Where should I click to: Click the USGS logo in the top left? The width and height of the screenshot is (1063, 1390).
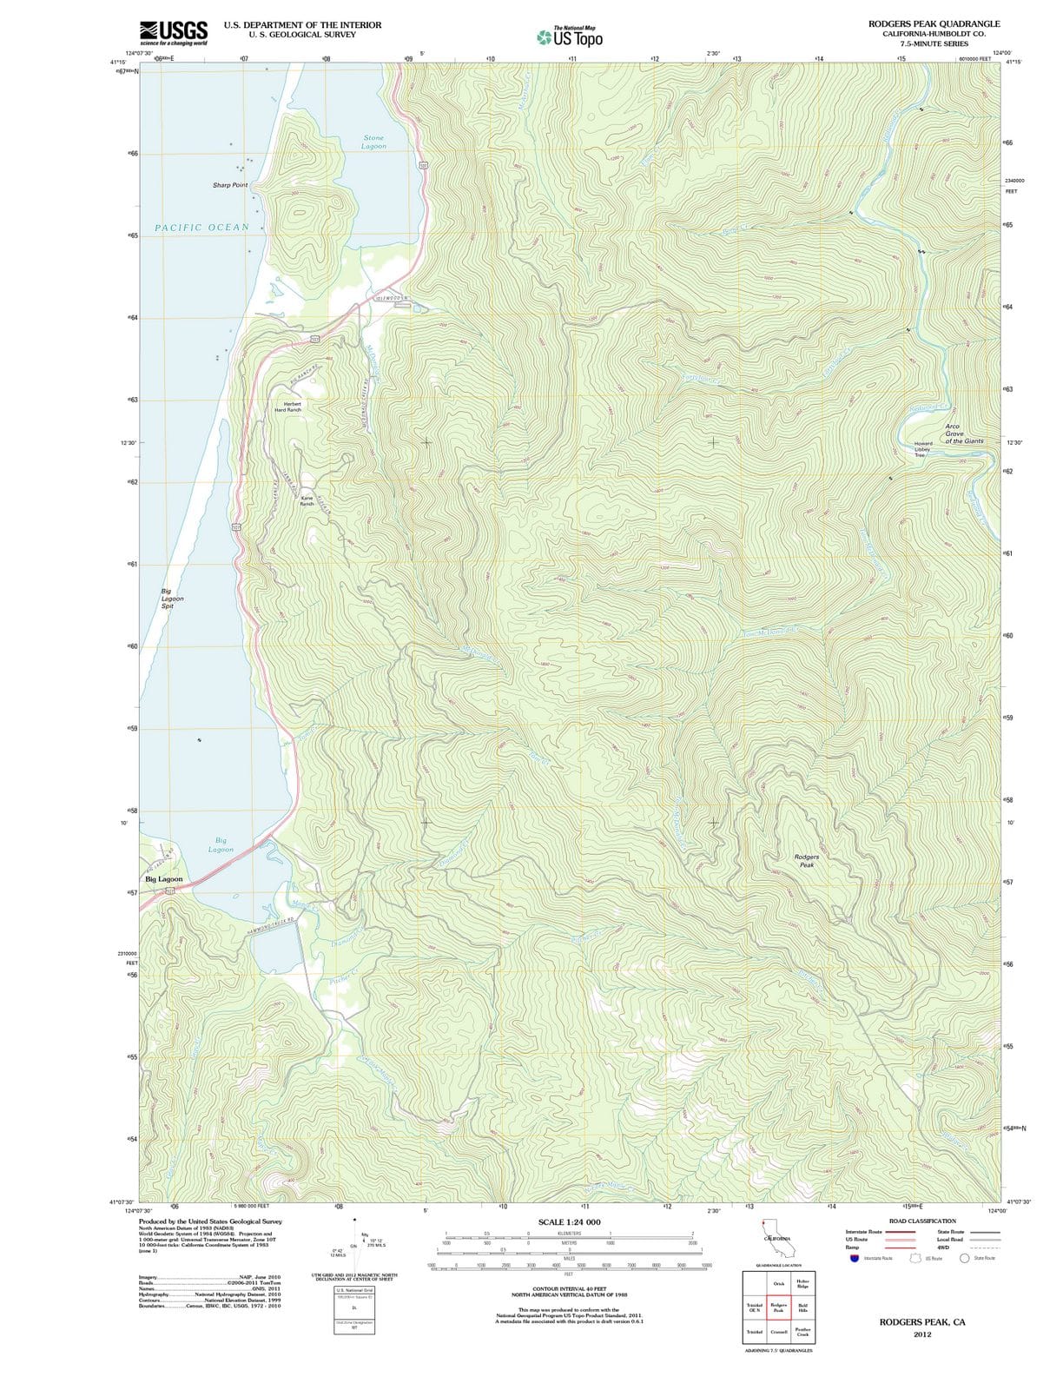point(173,32)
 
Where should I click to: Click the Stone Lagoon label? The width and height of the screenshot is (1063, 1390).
point(373,142)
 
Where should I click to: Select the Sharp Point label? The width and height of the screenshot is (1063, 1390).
point(230,185)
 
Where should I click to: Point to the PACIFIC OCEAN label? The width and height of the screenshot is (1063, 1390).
point(201,228)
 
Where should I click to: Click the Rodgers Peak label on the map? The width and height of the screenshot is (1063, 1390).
point(806,860)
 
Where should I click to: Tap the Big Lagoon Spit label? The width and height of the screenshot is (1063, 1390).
point(172,599)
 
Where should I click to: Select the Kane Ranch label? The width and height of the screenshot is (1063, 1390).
point(307,500)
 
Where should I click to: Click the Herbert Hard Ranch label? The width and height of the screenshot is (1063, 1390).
point(287,407)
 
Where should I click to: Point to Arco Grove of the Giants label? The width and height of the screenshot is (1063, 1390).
point(963,434)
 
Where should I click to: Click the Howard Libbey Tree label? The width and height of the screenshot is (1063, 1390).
point(922,449)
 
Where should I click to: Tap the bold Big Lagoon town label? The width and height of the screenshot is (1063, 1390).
point(164,879)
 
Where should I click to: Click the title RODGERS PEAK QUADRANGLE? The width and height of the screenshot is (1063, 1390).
point(934,23)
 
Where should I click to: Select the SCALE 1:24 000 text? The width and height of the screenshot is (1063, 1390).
point(569,1222)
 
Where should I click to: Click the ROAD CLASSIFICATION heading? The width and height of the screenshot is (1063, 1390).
point(921,1221)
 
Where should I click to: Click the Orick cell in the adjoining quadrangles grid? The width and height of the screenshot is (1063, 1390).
point(778,1283)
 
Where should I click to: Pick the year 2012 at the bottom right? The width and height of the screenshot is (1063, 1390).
point(921,1334)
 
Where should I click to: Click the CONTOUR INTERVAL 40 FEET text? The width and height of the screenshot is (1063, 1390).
point(569,1288)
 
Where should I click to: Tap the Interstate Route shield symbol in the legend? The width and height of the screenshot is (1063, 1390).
point(855,1258)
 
